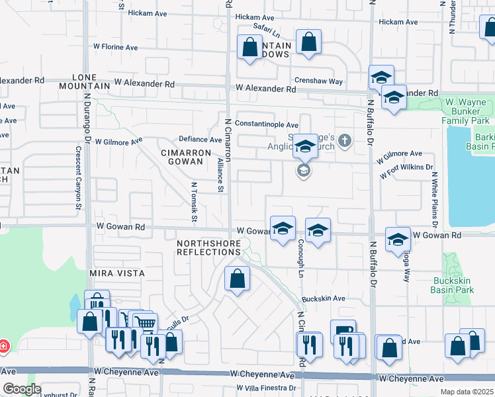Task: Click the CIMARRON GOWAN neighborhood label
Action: (186, 158)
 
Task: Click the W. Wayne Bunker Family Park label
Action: (465, 112)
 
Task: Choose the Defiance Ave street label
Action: (201, 140)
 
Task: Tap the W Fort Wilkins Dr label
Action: (406, 171)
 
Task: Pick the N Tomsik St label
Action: (195, 202)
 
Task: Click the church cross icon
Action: (344, 140)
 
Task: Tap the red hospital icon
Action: (3, 345)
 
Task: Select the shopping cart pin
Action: (146, 324)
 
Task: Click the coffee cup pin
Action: (342, 330)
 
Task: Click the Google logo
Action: (21, 389)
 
